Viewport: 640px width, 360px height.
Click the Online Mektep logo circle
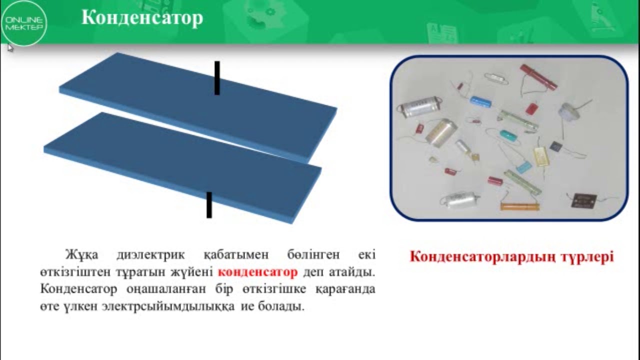tap(24, 23)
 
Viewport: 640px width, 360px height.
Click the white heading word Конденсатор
tap(142, 18)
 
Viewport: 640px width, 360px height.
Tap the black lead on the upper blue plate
tap(217, 77)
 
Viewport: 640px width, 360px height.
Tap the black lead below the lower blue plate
tap(209, 205)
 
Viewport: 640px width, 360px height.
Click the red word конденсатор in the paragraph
tap(257, 273)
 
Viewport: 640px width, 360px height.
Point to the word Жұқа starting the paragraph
tap(82, 255)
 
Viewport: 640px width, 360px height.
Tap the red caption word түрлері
tap(588, 257)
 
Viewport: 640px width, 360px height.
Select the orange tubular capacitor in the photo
tap(520, 205)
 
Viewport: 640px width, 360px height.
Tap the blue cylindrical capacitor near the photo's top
tap(480, 101)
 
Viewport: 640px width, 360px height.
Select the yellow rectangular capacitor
tap(541, 156)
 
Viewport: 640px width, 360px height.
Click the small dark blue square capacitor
tap(555, 146)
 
